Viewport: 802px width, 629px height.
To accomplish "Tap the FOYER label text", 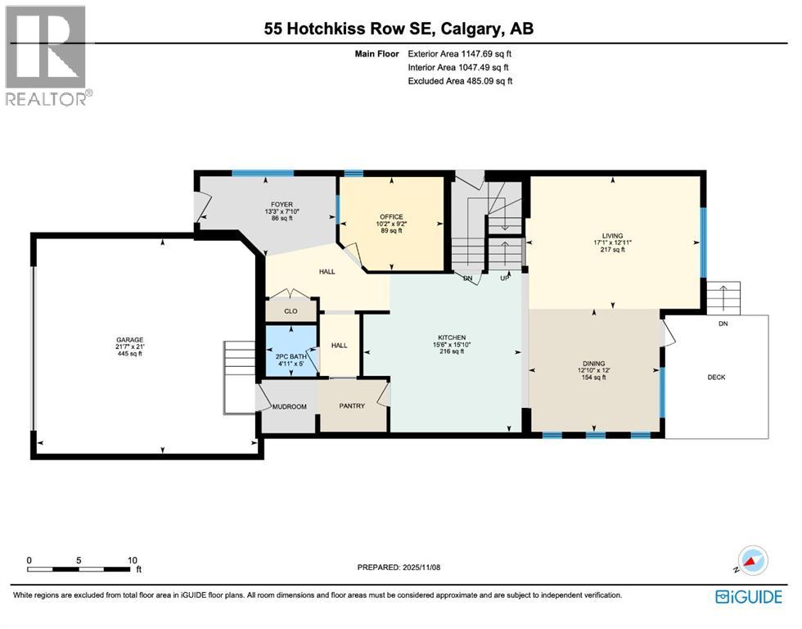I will point(282,205).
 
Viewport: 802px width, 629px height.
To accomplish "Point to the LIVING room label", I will point(613,235).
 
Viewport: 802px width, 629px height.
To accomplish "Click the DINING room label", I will point(593,364).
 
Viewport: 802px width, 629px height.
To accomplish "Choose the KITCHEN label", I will point(451,337).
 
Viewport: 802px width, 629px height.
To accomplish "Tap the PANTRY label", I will point(352,406).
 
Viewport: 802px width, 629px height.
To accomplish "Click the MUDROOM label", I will point(289,406).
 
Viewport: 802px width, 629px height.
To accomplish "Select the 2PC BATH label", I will point(291,356).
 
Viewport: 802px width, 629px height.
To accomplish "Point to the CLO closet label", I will point(291,311).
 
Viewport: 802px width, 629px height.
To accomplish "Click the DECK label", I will point(716,377).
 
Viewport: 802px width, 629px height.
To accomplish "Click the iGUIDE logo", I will point(748,597).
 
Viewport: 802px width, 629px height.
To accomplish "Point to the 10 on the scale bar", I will point(132,560).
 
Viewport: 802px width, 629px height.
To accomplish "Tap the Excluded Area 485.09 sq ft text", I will point(460,80).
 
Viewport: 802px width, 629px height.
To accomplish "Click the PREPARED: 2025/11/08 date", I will point(399,567).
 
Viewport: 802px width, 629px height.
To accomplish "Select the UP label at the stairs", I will point(505,278).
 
